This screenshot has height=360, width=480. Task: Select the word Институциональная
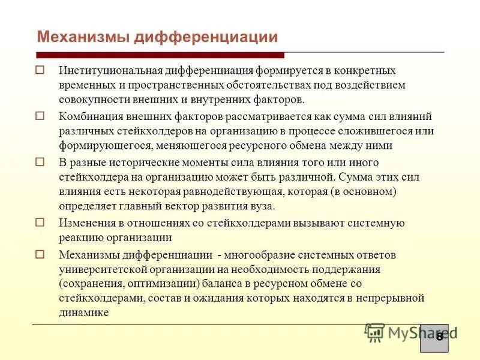point(104,70)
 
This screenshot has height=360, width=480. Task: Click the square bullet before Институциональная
point(40,70)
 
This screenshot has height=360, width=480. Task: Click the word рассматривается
point(239,116)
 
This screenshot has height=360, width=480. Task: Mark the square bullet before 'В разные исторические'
point(40,161)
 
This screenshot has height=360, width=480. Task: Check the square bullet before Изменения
point(40,222)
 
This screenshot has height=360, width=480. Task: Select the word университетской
point(97,269)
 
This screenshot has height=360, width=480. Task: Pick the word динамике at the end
point(83,313)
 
